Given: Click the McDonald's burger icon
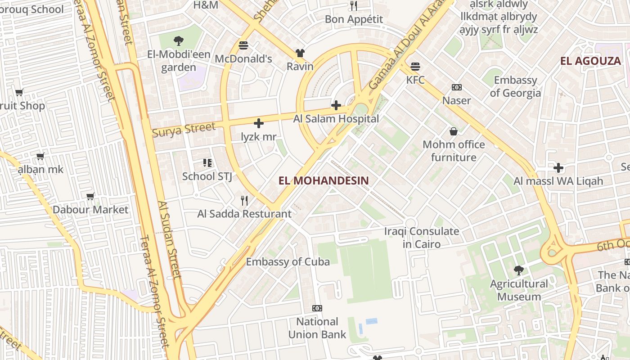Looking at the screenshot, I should point(243,45).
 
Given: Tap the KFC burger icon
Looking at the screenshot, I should point(415,67).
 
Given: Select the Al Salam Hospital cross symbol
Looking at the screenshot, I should point(336,105).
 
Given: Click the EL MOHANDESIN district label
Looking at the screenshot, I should point(324,181).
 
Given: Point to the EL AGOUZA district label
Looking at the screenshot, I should point(590,61).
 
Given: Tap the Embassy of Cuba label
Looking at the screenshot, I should point(288,261).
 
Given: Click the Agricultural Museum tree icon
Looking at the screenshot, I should point(519,270).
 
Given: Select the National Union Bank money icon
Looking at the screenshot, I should point(317,308).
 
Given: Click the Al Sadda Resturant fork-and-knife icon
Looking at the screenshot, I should point(244,200).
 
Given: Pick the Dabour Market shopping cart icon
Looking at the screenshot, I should point(90,196).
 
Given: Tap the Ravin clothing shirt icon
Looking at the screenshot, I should point(300,53).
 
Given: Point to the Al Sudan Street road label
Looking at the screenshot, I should point(169,238).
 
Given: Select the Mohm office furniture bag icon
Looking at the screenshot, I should point(454,131).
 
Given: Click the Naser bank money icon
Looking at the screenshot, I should point(456,87).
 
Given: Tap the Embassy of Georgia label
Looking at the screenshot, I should point(515,86).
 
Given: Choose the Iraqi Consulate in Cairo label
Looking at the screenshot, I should point(422,238).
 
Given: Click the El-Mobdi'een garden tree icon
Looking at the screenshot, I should point(178,41).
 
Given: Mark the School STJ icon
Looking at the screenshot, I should point(207,162).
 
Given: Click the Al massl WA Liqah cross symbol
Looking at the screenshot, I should point(558,168).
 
